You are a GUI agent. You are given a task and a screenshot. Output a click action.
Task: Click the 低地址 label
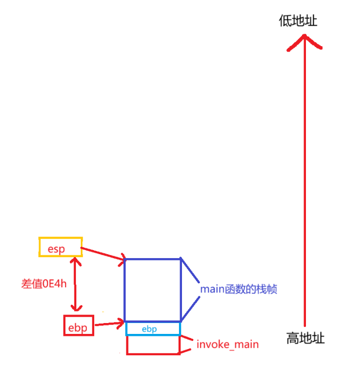click(298, 21)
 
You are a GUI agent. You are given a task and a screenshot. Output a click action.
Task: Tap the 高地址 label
click(305, 339)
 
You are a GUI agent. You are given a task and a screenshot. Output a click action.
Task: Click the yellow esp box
click(60, 247)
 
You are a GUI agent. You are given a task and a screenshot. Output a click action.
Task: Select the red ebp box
click(78, 326)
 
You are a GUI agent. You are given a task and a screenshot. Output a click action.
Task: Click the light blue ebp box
click(153, 328)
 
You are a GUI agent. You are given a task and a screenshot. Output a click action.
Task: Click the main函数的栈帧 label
click(239, 289)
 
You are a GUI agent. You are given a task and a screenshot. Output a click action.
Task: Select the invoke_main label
click(228, 344)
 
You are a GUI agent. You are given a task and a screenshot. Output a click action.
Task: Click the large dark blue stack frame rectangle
click(152, 290)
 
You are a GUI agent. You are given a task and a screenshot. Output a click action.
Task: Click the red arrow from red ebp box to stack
click(109, 325)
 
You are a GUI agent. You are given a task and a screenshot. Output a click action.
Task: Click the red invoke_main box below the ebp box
click(153, 345)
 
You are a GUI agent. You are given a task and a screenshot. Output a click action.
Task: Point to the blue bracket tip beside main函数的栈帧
click(198, 289)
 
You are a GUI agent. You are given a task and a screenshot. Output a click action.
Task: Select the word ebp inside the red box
click(78, 327)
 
